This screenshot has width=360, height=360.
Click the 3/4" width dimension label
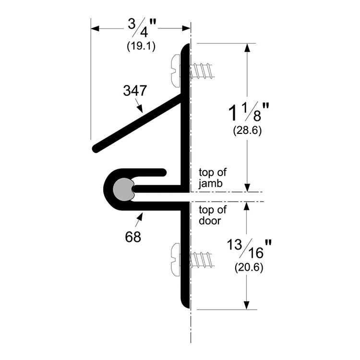tap(142, 28)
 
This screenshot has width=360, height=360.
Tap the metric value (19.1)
tap(141, 47)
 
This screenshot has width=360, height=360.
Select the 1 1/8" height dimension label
tap(249, 112)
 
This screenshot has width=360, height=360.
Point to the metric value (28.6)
tap(247, 131)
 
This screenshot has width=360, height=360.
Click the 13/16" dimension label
tap(249, 249)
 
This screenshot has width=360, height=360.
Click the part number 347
tap(135, 90)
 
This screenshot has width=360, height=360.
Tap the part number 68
tap(133, 237)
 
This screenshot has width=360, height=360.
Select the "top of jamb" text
tap(213, 178)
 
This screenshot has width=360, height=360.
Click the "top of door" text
tap(213, 216)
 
